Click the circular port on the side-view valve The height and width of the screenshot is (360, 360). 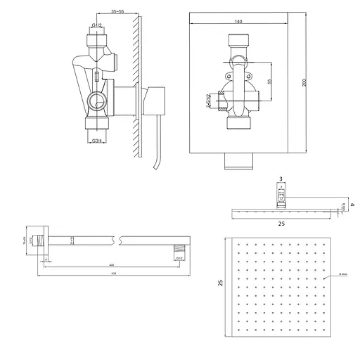tap(98, 103)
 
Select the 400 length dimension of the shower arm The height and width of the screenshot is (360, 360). tap(110, 265)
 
